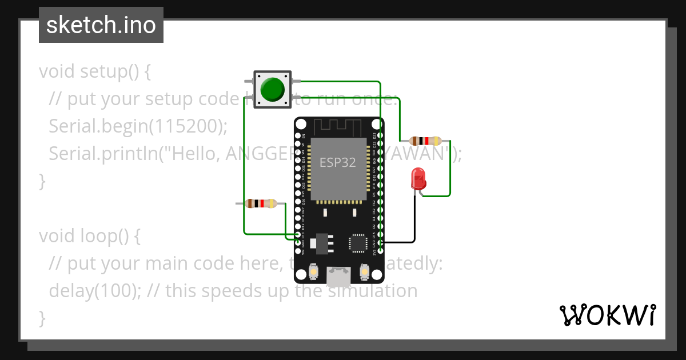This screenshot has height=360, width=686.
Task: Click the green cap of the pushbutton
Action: (x=272, y=89)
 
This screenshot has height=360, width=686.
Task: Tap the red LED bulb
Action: (x=418, y=178)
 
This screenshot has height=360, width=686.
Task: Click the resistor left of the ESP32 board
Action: (x=260, y=203)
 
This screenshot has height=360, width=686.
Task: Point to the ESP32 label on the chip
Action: (x=337, y=162)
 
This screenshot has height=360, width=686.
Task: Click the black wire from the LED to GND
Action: (x=414, y=223)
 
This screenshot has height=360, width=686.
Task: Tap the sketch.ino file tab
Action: (x=101, y=25)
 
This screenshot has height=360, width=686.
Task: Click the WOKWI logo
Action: (x=607, y=315)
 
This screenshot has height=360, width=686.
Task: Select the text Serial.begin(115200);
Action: (x=138, y=126)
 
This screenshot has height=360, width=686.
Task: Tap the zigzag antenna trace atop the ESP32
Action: (x=338, y=127)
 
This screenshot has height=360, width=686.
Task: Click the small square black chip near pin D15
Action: (x=358, y=242)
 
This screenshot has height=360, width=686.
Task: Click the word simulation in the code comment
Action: (x=372, y=290)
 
